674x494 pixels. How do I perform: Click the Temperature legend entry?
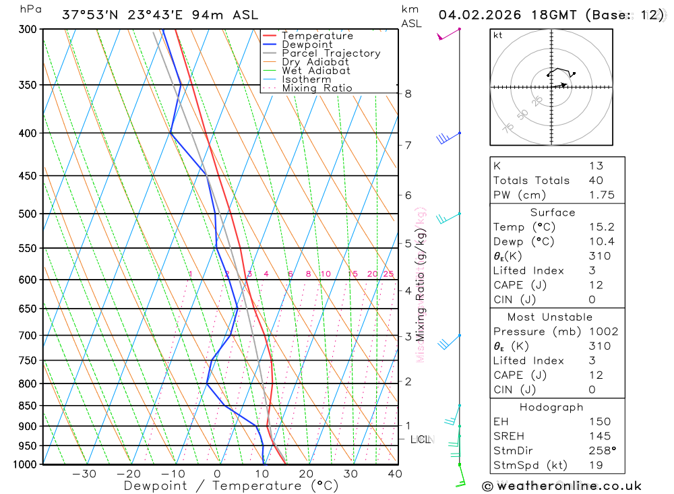[317, 36]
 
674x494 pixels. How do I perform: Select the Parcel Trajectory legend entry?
[330, 53]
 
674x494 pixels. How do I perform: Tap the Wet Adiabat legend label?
[315, 71]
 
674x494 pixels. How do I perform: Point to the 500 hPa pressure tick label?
[28, 214]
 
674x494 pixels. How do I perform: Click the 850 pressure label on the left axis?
[28, 406]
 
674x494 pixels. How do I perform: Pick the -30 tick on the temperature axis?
[84, 474]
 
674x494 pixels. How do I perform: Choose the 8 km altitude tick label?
[408, 94]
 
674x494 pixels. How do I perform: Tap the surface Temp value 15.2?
[601, 227]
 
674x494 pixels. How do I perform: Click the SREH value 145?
[599, 436]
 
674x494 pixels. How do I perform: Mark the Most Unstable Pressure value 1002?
[603, 332]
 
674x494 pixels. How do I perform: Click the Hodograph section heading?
[551, 407]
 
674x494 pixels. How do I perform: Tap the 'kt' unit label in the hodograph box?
[498, 36]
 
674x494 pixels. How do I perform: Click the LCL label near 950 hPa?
[420, 439]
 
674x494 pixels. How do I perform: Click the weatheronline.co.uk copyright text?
[561, 485]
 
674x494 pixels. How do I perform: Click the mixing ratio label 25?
[388, 274]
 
